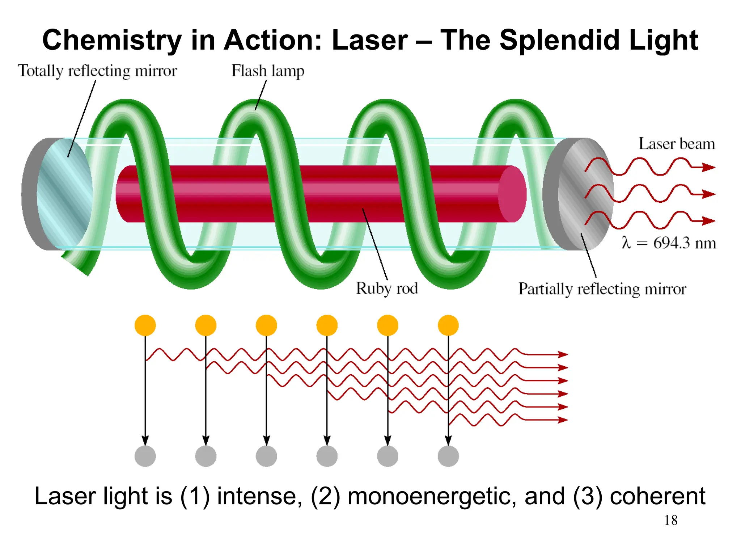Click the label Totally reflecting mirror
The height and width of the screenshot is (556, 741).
point(97,71)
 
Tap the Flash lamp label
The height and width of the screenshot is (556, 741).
point(268,71)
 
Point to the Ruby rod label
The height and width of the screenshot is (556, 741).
point(387,288)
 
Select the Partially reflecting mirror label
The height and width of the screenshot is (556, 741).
point(602,289)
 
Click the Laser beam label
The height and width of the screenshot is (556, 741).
point(677,144)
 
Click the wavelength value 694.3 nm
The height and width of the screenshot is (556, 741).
point(684,243)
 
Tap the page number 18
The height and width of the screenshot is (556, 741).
point(671,520)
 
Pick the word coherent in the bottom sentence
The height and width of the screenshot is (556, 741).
point(657,496)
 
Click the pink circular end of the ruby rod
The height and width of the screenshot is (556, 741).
point(512,194)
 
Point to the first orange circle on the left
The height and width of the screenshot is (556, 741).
point(145,325)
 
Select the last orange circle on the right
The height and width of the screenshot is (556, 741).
point(448,325)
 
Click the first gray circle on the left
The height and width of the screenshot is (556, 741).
point(145,456)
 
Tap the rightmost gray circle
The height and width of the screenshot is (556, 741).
point(448,456)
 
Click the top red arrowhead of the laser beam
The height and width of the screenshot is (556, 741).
point(708,167)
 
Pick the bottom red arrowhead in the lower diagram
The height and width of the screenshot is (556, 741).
point(563,420)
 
